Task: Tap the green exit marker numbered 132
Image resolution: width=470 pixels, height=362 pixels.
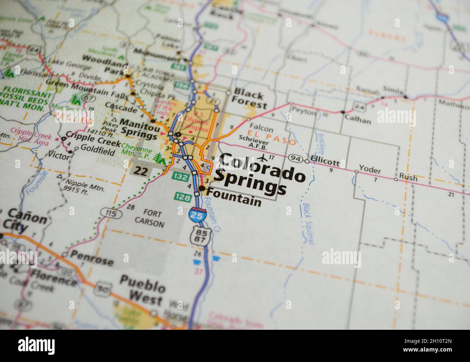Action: click(x=180, y=176)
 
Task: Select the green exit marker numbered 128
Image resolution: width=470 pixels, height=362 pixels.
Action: click(x=182, y=196)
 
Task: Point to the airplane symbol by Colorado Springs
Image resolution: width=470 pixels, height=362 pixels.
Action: click(x=264, y=158)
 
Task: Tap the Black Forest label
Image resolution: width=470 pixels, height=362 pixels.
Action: click(x=249, y=98)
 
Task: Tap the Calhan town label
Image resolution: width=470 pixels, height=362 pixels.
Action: click(x=358, y=120)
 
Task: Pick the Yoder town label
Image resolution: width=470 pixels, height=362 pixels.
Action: click(x=368, y=169)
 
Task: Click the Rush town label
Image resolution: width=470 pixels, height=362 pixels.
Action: click(x=408, y=178)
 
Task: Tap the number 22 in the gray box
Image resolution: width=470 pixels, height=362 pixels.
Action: click(x=141, y=171)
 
